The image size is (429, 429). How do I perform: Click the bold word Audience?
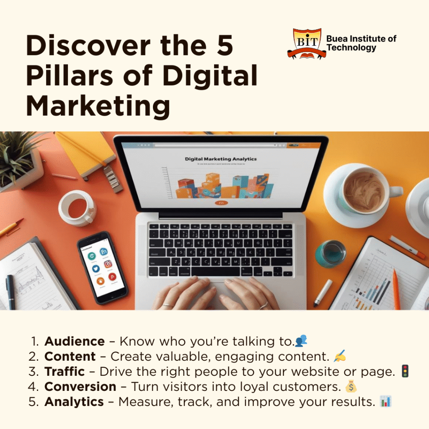coord(75,341)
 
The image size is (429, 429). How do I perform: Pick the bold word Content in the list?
coord(70,357)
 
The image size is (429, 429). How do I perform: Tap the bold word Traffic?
coord(65,372)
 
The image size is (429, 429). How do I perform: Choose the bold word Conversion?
coord(80,387)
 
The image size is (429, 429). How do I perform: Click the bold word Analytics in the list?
coord(74,402)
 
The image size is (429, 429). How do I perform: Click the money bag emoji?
coord(351,386)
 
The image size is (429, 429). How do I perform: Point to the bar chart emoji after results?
coord(385,401)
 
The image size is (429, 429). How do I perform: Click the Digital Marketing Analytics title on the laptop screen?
coord(221,159)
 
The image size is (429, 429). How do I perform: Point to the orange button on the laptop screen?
coord(221,203)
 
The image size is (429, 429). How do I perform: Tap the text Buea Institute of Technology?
coord(361,43)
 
